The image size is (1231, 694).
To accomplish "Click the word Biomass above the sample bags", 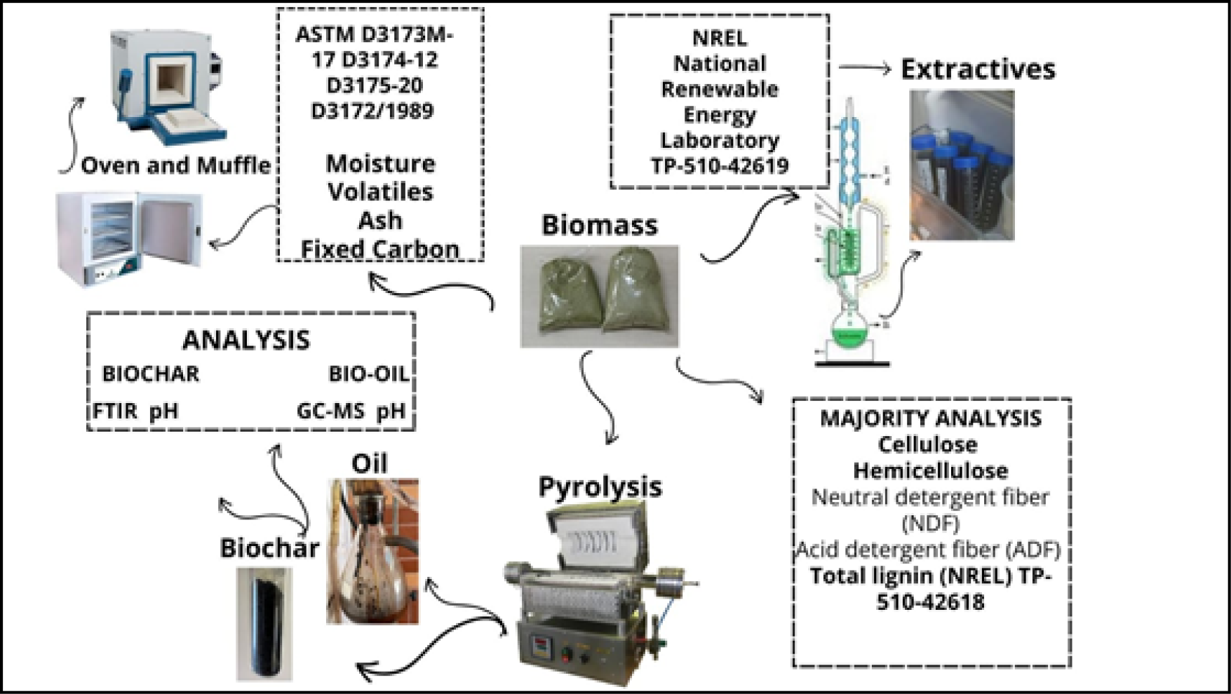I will [x=600, y=225].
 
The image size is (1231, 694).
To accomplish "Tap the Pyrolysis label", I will [x=600, y=487].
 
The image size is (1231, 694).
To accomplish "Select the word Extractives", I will [x=978, y=69].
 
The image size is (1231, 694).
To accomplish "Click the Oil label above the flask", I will [x=369, y=463].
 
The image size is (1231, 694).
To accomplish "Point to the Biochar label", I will [x=269, y=547].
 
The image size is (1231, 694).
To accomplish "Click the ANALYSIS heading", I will [x=245, y=340].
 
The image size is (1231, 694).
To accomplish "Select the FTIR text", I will [x=115, y=411].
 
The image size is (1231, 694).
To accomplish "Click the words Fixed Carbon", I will [x=379, y=249].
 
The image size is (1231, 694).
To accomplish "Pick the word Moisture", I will [x=380, y=164].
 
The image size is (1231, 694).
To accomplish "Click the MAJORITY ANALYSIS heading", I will [x=931, y=419].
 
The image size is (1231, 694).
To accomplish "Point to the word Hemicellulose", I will [x=931, y=470].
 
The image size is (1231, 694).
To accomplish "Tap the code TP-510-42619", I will [x=720, y=166].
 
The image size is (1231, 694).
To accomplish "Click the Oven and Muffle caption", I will [x=175, y=165].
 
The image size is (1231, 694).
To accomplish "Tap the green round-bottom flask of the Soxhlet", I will [x=849, y=330].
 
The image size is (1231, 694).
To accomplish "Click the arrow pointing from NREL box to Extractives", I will [x=864, y=68].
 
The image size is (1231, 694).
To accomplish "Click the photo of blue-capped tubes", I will [x=962, y=165].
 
